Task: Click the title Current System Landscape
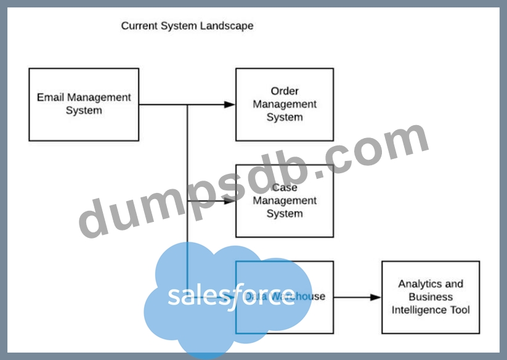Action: click(187, 26)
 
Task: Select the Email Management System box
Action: click(84, 104)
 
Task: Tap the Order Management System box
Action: click(285, 104)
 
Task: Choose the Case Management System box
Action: click(285, 201)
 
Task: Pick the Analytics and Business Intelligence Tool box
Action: click(431, 297)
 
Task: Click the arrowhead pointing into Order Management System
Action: click(230, 105)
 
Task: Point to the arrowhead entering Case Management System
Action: click(230, 201)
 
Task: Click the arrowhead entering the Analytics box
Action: click(376, 297)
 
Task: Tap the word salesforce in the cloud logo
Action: click(231, 296)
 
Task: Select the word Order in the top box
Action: click(285, 91)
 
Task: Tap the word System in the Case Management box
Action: click(285, 214)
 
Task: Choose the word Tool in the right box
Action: click(459, 310)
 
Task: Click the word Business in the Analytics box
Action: click(431, 297)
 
